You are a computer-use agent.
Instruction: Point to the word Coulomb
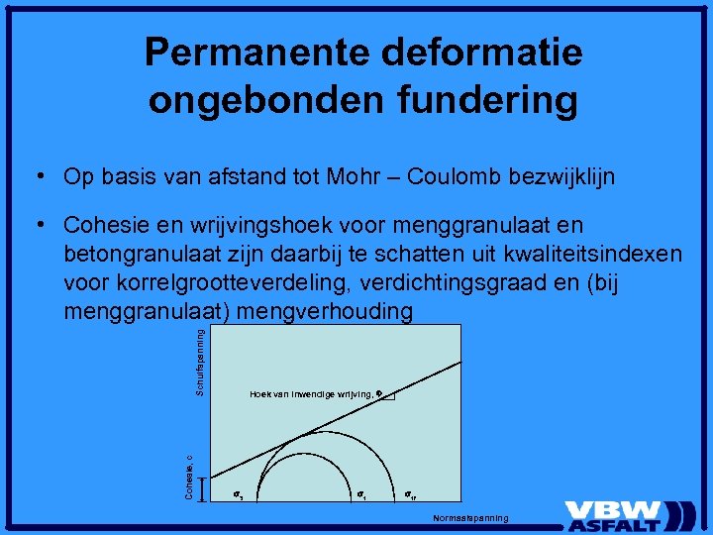[x=459, y=177]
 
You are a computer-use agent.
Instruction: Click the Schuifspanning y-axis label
[x=200, y=362]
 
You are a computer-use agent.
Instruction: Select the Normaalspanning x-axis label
[x=470, y=518]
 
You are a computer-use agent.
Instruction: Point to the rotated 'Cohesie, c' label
[x=189, y=476]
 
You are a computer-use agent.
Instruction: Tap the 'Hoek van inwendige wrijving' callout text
[x=312, y=394]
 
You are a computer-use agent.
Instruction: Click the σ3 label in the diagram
[x=238, y=492]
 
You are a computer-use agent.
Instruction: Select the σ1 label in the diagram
[x=361, y=492]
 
